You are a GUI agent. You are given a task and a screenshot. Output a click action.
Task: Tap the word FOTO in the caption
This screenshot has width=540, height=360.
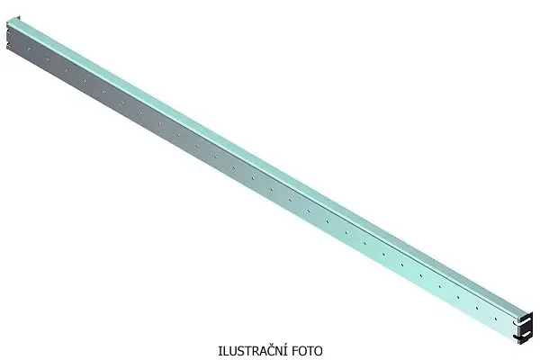[304, 350]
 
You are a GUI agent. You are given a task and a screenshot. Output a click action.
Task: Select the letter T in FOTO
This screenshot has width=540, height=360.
[308, 350]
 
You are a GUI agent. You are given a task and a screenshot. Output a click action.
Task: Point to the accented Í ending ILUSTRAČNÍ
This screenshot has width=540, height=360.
[279, 350]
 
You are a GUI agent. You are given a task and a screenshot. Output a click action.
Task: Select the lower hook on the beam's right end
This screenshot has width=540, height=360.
[522, 337]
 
